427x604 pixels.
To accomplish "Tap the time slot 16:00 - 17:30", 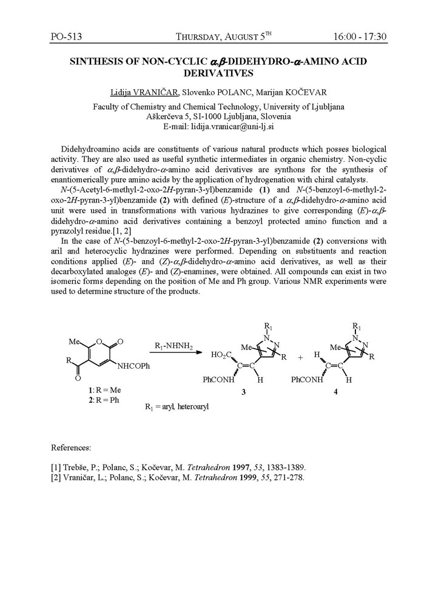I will tap(360, 36).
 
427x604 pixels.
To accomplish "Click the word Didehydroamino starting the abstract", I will tap(91, 149).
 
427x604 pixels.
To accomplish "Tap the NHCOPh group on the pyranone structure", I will tap(127, 366).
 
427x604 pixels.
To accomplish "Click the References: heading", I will tap(71, 448).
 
